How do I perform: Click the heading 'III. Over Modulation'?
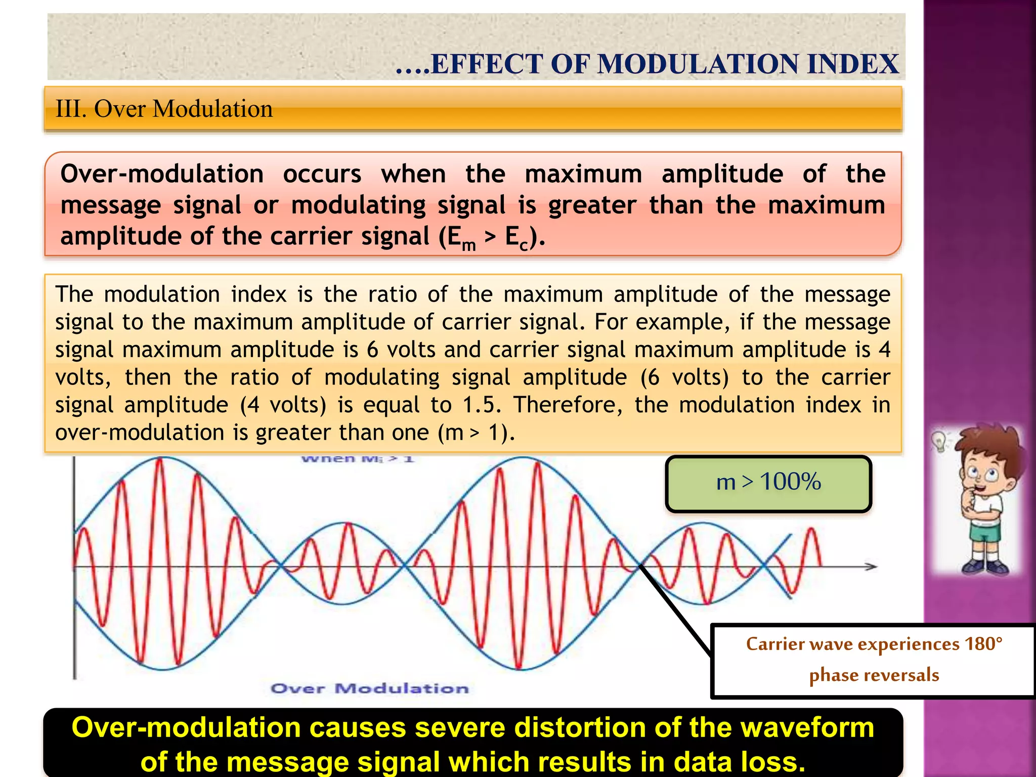[164, 109]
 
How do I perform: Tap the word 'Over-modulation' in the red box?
[162, 174]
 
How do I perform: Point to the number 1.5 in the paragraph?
[481, 405]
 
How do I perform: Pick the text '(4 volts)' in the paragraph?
[283, 405]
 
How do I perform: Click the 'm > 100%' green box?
[768, 483]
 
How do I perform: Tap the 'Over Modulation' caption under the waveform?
[370, 688]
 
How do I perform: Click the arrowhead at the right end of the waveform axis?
[871, 567]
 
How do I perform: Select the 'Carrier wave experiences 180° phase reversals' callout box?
[873, 661]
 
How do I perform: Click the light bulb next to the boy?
[939, 441]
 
